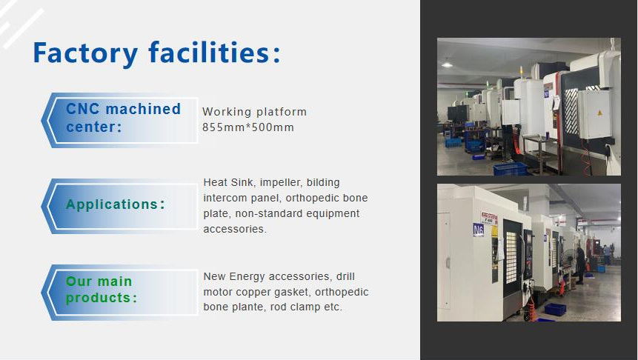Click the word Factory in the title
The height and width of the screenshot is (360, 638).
pyautogui.click(x=85, y=53)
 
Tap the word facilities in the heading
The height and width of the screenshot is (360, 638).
pyautogui.click(x=208, y=52)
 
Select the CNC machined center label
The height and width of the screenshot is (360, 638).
pyautogui.click(x=123, y=118)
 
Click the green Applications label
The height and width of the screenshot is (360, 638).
pyautogui.click(x=115, y=204)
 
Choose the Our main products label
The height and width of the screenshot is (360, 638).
pyautogui.click(x=102, y=289)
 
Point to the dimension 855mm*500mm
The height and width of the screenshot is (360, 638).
pyautogui.click(x=248, y=127)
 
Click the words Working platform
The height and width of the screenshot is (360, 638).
pyautogui.click(x=255, y=111)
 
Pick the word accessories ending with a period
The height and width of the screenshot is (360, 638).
pyautogui.click(x=235, y=229)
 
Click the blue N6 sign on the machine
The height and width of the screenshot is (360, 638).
pyautogui.click(x=479, y=230)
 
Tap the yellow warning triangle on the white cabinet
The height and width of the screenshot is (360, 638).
pyautogui.click(x=599, y=113)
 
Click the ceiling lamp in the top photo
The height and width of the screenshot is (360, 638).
pyautogui.click(x=447, y=64)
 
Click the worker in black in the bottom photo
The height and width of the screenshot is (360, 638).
pyautogui.click(x=580, y=265)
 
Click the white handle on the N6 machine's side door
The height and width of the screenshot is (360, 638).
pyautogui.click(x=448, y=263)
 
